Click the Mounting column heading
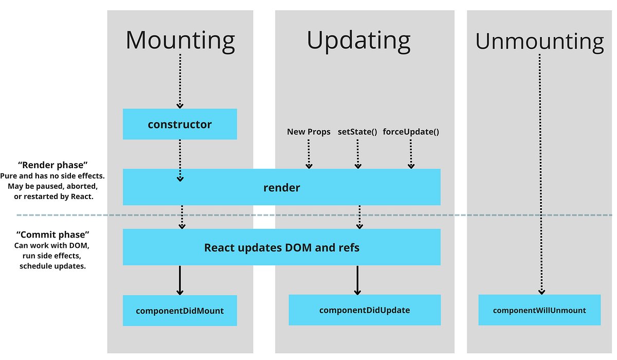[x=180, y=40]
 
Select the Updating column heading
[x=358, y=40]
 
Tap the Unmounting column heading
[x=539, y=41]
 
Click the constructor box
[x=179, y=124]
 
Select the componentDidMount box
[x=179, y=311]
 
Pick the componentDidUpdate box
[x=364, y=310]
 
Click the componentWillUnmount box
[x=539, y=310]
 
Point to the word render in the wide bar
[x=281, y=188]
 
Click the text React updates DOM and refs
[x=281, y=247]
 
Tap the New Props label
[x=308, y=132]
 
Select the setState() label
[x=357, y=132]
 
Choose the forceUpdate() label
[x=411, y=132]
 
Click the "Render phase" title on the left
[x=53, y=165]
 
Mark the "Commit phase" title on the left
[x=53, y=235]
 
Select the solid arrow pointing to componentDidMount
[x=180, y=280]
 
